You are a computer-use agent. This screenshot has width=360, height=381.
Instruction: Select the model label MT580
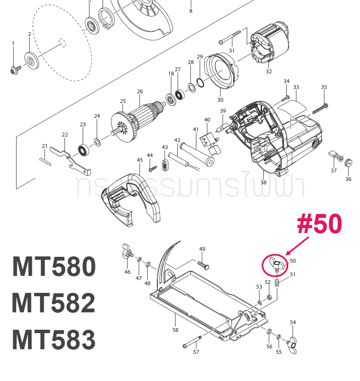pos(54,267)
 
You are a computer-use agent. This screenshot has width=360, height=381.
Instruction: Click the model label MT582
pos(54,303)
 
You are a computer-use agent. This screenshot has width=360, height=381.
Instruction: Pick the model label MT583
pos(54,339)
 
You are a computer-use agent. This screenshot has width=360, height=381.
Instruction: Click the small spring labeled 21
pos(45,161)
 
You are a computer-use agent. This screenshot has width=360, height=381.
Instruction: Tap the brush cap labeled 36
pos(349,163)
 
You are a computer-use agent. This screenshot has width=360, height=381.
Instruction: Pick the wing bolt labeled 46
pos(127,252)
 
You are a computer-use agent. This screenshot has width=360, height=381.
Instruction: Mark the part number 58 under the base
pos(175,330)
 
